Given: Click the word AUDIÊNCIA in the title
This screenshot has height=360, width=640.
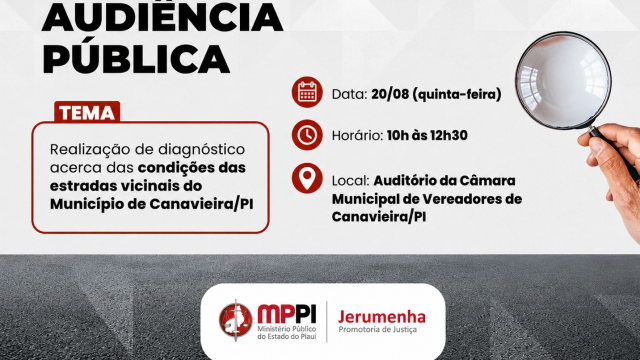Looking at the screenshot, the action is (x=162, y=16).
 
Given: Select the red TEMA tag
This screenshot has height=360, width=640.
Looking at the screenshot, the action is (x=87, y=112).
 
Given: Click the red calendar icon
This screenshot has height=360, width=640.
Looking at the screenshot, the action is (x=307, y=92).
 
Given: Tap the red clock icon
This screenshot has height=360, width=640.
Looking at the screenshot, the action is (x=307, y=135).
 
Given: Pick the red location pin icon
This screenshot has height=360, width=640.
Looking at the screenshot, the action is (x=307, y=178).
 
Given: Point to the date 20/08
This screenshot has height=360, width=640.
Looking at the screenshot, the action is (x=390, y=94).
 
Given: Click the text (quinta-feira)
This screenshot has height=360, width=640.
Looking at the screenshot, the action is (x=457, y=94).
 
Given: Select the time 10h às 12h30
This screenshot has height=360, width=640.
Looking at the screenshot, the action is (x=427, y=136).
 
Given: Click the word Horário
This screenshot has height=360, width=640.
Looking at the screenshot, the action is (x=357, y=136).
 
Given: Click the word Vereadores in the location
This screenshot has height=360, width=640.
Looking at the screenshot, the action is (x=461, y=199).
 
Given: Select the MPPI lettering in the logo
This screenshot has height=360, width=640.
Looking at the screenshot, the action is (x=287, y=314).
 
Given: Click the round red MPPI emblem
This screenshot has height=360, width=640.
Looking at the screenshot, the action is (x=236, y=320).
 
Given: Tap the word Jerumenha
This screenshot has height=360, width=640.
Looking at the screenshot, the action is (x=382, y=317).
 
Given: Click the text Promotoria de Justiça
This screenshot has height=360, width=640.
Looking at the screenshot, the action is (x=378, y=329).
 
